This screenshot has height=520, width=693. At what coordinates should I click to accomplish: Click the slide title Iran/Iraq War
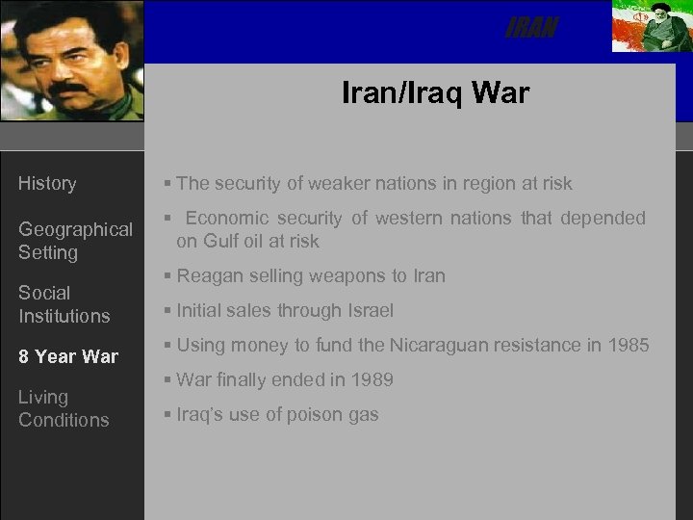[435, 92]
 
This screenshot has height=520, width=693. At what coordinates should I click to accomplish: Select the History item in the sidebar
[47, 183]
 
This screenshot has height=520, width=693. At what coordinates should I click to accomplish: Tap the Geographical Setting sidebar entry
[75, 241]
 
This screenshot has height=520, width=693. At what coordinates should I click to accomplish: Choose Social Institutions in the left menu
[64, 304]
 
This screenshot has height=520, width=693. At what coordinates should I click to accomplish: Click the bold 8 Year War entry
[67, 356]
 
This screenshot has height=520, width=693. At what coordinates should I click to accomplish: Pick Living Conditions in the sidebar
[64, 408]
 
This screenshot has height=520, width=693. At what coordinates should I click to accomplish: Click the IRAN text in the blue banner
[531, 29]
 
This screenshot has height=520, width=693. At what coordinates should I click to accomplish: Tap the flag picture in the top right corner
[650, 26]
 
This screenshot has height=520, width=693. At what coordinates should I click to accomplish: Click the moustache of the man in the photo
[69, 89]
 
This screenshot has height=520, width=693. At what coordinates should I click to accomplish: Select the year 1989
[372, 379]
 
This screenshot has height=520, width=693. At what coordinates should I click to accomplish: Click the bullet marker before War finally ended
[167, 380]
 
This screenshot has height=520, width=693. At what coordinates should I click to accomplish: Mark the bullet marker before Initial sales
[167, 311]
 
